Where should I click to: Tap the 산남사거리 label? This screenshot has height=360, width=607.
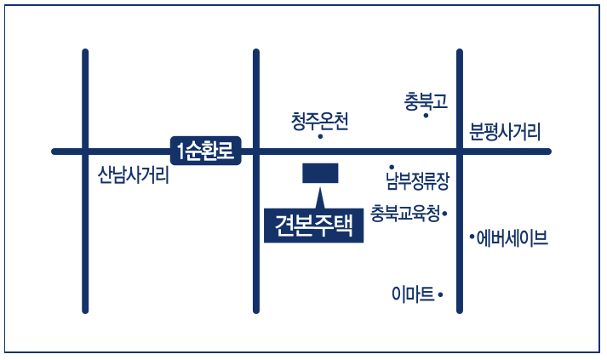[x=134, y=176]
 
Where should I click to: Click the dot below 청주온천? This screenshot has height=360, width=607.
[x=320, y=136]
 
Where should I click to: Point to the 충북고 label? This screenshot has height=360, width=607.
[x=426, y=101]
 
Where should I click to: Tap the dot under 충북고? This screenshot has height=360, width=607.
[x=426, y=116]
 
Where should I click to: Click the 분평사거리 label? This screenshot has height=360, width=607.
[x=505, y=132]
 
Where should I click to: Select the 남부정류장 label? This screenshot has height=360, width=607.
[x=417, y=180]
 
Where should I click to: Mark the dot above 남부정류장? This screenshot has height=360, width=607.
[x=392, y=167]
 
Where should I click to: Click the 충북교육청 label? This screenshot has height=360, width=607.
[x=405, y=212]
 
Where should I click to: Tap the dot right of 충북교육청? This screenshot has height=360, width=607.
[x=445, y=213]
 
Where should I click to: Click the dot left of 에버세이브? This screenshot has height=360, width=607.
[x=472, y=238]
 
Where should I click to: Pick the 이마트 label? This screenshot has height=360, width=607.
[x=413, y=294]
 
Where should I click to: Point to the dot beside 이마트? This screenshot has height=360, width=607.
[x=441, y=294]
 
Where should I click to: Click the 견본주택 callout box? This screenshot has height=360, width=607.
[x=313, y=224]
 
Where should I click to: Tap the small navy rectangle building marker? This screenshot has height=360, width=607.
[x=321, y=173]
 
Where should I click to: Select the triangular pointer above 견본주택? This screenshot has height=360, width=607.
[x=321, y=197]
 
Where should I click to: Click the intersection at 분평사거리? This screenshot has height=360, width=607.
[x=460, y=151]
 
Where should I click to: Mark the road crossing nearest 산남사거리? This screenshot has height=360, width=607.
[x=85, y=151]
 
